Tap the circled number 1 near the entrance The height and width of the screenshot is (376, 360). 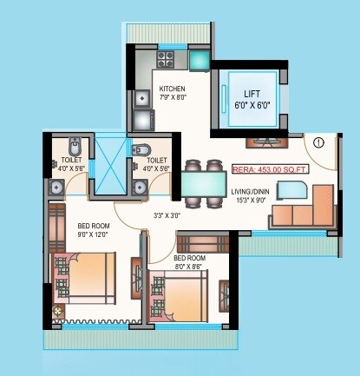point(318,142)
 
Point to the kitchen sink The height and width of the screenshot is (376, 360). point(141,97)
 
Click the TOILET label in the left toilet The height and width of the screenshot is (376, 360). point(72,160)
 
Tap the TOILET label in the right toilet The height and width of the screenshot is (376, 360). point(157,160)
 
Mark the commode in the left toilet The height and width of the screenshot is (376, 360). point(75,144)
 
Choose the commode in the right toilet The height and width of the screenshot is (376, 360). point(141,151)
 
